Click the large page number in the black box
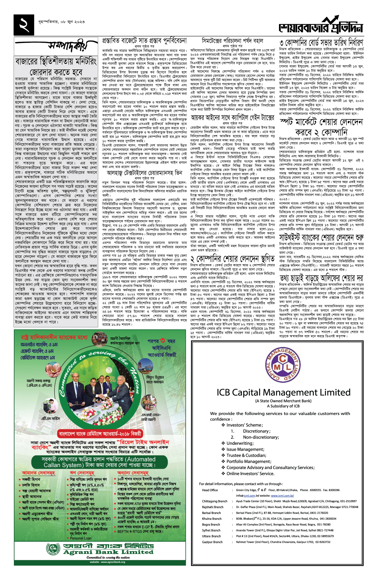tap(24, 25)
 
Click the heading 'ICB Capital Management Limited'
tap(283, 393)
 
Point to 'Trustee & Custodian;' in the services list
tap(246, 455)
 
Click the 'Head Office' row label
tap(210, 490)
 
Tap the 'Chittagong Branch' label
tap(215, 501)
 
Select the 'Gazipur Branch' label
tap(212, 542)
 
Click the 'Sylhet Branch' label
tap(211, 530)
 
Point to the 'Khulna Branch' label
tap(212, 519)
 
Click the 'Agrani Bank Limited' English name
tap(108, 552)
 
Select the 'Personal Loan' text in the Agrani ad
tap(81, 538)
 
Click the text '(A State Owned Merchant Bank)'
tap(283, 401)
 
